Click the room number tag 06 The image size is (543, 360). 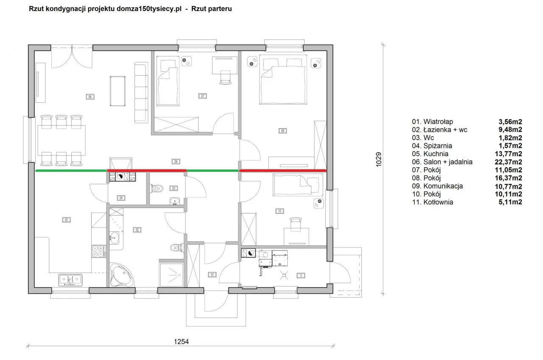pos(90,97)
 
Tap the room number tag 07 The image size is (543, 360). pos(202,96)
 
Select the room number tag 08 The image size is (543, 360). pos(283,131)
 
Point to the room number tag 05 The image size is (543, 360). pos(67,220)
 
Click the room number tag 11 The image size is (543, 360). pos(301,276)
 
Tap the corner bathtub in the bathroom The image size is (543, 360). pos(121,275)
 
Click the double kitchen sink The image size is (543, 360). pos(70,280)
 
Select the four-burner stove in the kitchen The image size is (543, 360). pos(99,251)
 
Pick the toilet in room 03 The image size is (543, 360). pos(157,188)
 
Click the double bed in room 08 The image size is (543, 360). pos(283,79)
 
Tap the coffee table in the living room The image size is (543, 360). pos(118,91)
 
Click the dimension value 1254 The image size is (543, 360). pos(181,342)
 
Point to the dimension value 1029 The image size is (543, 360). pos(378,159)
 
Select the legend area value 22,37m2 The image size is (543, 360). pos(508,162)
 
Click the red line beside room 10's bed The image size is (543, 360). pos(283,171)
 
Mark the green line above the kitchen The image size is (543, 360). pos(71,171)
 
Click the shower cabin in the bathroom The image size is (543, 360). pos(172,274)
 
